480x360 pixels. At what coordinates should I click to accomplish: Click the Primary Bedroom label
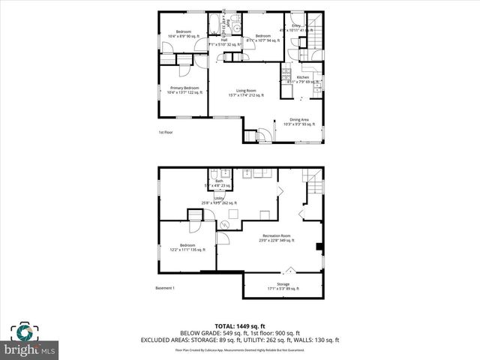(180, 89)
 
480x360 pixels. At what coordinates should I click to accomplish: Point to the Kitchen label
(302, 79)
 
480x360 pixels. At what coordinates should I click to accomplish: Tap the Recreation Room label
(277, 238)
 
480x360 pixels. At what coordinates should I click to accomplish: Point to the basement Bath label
(219, 182)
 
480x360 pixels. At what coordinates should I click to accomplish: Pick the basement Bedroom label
(187, 247)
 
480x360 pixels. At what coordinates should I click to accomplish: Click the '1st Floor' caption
(166, 133)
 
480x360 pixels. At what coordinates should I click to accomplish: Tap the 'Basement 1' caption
(165, 289)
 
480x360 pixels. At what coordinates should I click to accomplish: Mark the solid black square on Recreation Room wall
(320, 247)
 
